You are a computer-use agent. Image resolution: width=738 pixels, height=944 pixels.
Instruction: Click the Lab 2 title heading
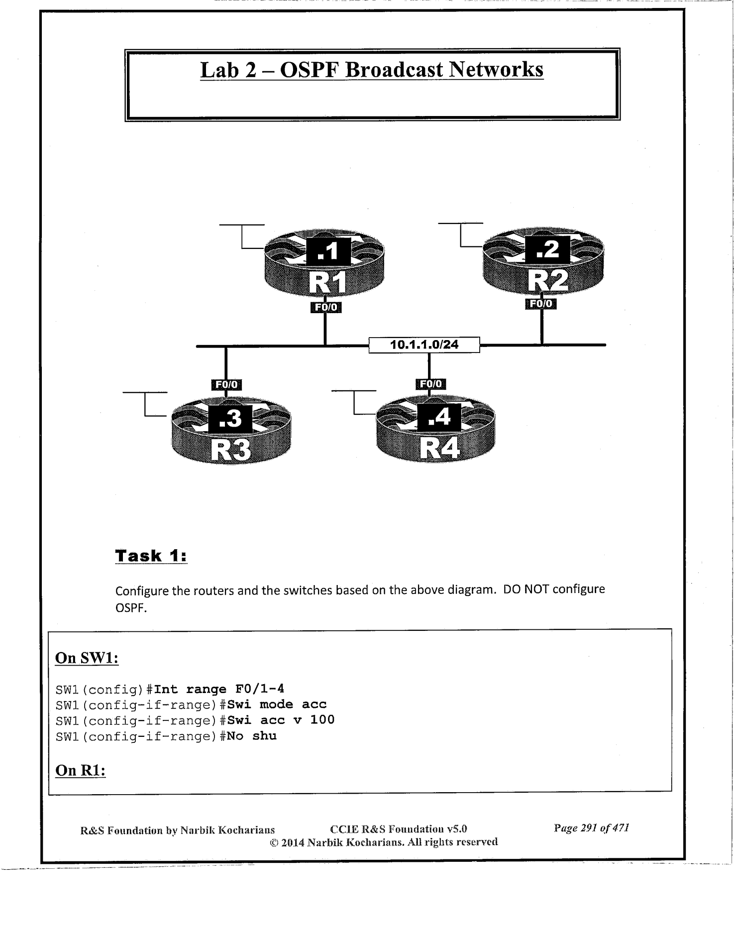point(371,70)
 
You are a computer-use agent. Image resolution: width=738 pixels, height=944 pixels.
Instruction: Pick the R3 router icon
point(231,431)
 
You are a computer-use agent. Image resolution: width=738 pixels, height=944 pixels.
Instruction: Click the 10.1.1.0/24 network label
point(424,345)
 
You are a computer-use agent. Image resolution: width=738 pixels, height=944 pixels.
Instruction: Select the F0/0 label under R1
point(325,307)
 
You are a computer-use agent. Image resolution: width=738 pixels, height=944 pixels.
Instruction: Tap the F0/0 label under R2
point(541,304)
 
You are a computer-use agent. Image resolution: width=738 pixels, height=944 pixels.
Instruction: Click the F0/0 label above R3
point(226,384)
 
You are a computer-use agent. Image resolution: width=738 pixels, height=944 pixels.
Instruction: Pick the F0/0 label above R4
point(430,383)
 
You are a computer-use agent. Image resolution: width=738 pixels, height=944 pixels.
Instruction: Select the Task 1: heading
point(151,556)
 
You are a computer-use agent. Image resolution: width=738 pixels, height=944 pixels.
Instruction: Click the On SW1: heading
point(87,658)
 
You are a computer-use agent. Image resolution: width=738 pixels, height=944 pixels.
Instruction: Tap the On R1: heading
point(80,770)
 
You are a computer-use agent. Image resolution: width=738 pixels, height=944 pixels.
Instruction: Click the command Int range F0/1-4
point(219,689)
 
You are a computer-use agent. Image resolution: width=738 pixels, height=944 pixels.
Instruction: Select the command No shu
point(252,736)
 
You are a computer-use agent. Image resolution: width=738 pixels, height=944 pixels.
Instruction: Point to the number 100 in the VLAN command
point(322,720)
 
